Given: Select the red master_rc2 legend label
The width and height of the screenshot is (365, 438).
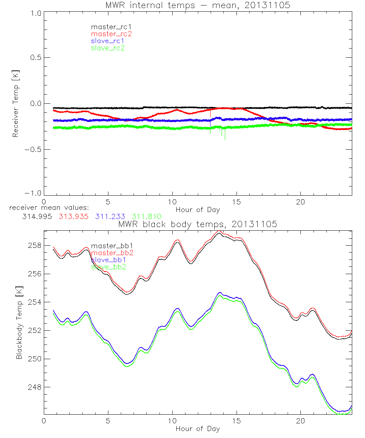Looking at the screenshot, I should [111, 34].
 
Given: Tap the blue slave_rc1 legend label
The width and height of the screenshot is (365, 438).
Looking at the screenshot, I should [108, 41].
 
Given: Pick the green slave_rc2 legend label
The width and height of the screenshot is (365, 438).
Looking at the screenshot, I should [108, 48].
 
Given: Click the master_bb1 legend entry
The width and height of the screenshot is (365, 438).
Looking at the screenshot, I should [108, 246].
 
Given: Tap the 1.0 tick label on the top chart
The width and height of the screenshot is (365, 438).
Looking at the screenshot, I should [36, 12].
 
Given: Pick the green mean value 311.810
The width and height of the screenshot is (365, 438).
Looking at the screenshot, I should [146, 216].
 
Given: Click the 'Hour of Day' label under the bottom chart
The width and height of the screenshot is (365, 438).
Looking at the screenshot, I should [198, 429].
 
